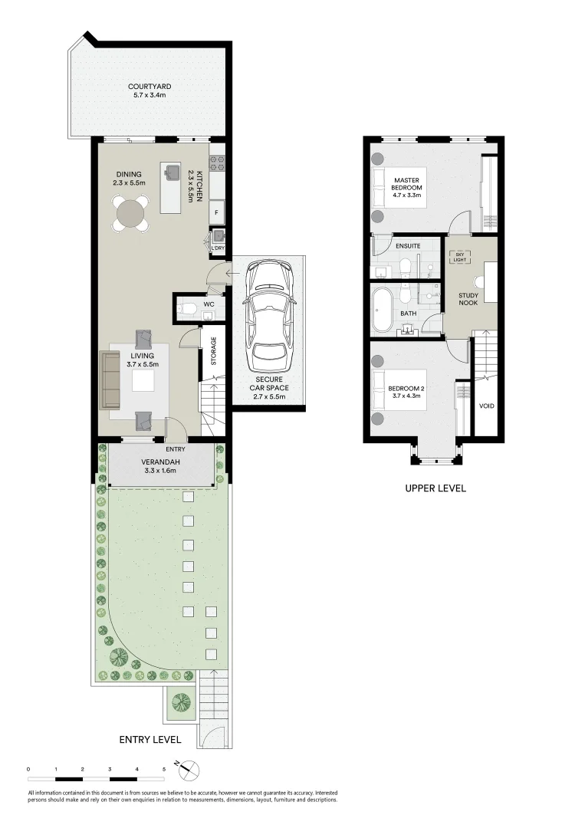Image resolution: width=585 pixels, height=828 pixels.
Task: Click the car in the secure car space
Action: (268, 314)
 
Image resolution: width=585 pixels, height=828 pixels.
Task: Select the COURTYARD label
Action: (150, 87)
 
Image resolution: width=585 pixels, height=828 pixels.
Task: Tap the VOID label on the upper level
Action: (486, 406)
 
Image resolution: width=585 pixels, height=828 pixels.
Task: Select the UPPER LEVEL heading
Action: (435, 488)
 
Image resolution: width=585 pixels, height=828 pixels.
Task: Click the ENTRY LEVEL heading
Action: (150, 740)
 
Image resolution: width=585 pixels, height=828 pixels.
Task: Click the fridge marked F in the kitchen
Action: (217, 212)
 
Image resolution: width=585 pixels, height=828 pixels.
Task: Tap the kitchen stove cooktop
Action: (217, 163)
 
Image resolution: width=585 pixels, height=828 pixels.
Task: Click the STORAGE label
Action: (213, 350)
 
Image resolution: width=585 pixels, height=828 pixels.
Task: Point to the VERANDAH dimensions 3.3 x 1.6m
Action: (160, 471)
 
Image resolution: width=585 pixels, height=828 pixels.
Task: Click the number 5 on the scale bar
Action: (163, 768)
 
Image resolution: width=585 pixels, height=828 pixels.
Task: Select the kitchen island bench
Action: (170, 189)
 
